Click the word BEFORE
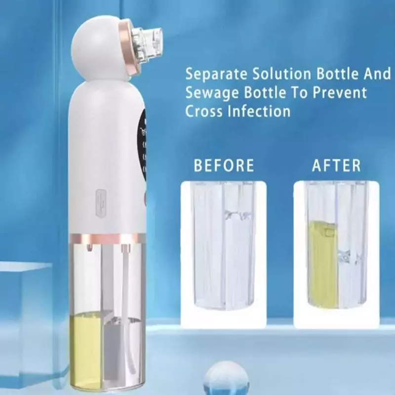pyautogui.click(x=224, y=165)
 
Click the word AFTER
pyautogui.click(x=337, y=165)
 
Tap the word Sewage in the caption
pyautogui.click(x=212, y=93)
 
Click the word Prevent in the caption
pyautogui.click(x=340, y=92)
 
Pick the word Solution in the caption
pyautogui.click(x=282, y=74)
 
